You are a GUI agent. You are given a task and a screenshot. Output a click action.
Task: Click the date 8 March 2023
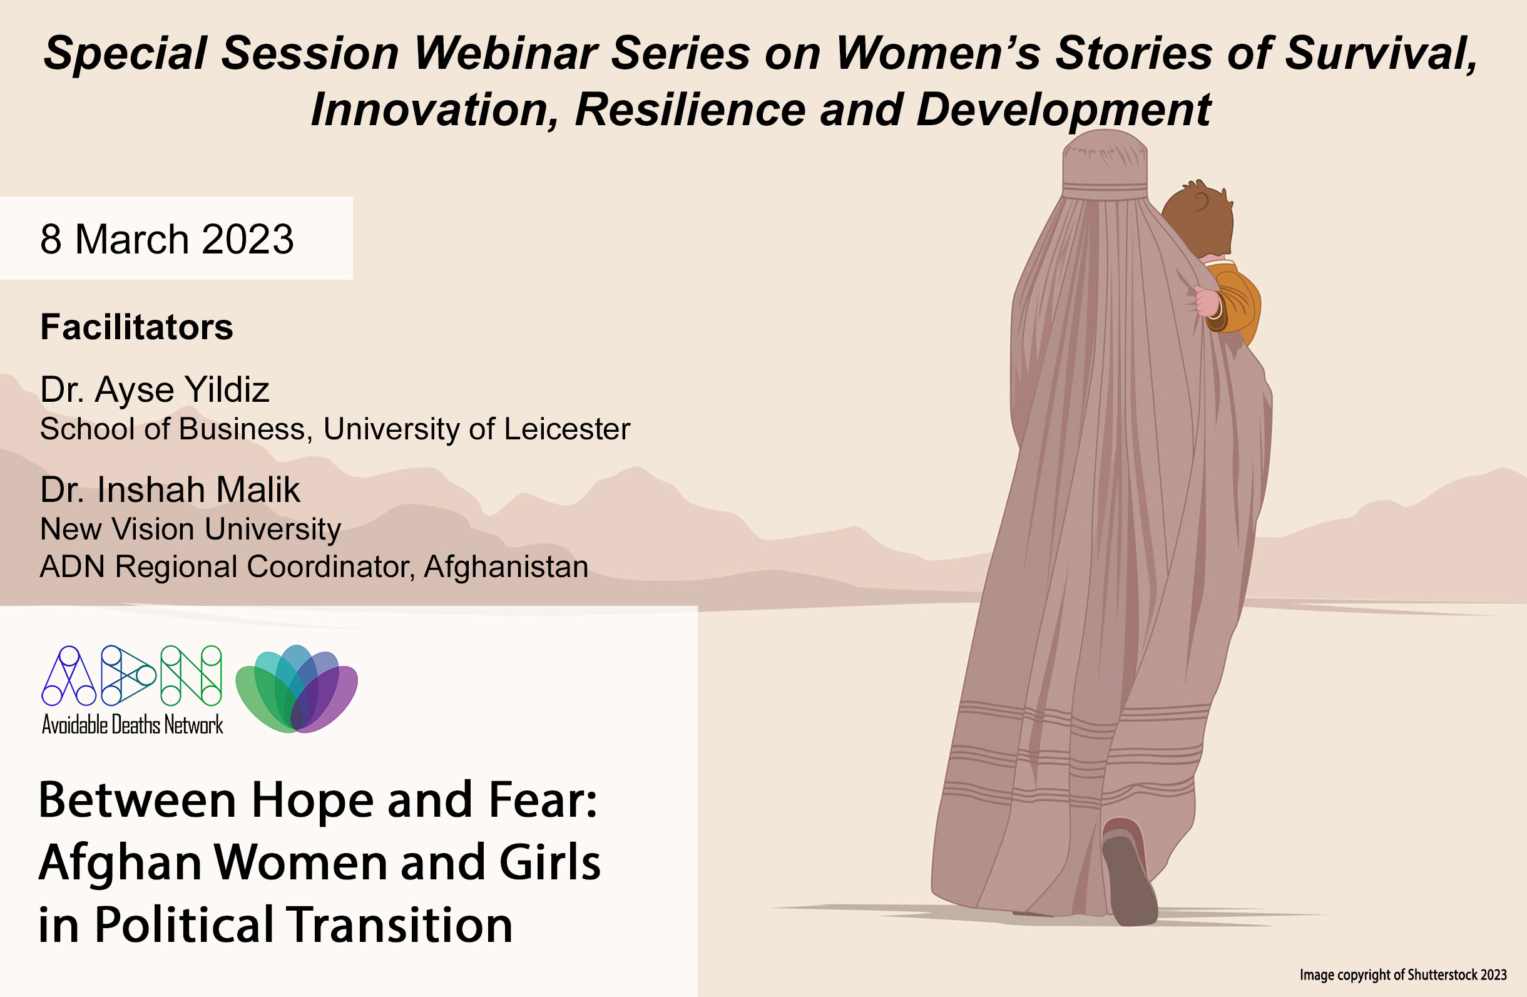pos(167,239)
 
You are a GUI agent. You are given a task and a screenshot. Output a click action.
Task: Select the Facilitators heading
pos(136,327)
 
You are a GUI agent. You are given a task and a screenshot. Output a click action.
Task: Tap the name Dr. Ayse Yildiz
pos(155,390)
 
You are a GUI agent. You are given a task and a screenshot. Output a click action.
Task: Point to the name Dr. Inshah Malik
pos(170,489)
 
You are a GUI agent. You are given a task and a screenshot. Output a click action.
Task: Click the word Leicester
pos(567,429)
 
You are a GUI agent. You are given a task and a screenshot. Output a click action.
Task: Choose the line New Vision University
pos(190,530)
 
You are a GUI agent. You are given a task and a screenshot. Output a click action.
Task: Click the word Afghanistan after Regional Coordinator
pos(506,566)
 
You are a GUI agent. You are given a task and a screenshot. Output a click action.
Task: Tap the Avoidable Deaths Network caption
pos(133,724)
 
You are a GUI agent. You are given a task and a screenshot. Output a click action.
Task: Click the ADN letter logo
pos(132,675)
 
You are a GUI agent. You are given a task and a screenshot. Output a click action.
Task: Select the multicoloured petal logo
pos(297,688)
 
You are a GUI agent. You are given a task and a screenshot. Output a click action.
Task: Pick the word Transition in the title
pos(400,925)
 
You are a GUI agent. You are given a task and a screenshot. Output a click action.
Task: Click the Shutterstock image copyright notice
pos(1403,975)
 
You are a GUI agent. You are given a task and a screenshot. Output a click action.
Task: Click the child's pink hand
pos(1207,302)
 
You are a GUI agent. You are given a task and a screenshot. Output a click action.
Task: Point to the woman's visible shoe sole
pos(1130,879)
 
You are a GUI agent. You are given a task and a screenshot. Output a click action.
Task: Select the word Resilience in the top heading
pos(690,110)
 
